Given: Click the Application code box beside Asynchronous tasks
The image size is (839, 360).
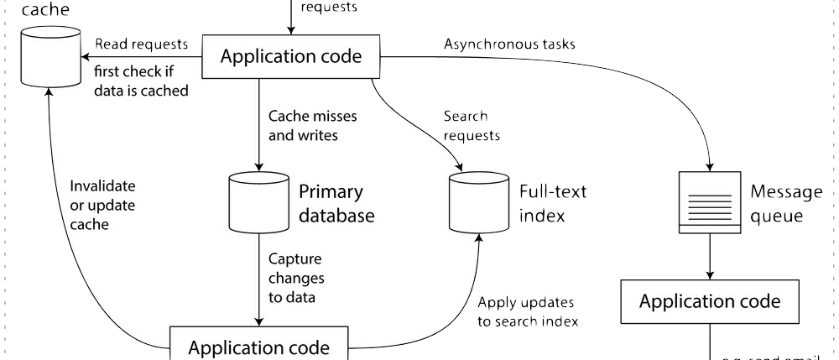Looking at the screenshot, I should [290, 57].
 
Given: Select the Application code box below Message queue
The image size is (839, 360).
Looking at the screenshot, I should [710, 301].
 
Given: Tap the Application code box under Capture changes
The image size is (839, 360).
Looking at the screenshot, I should [258, 346].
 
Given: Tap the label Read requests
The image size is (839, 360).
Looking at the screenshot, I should [142, 44].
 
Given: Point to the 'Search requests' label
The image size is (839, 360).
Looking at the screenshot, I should [472, 125].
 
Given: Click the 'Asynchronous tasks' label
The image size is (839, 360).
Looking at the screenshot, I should [509, 44].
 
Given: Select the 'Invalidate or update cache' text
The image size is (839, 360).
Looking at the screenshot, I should [102, 206].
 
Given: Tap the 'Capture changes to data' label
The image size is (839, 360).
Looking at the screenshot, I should [295, 278].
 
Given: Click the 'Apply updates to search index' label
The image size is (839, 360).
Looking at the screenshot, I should [528, 311].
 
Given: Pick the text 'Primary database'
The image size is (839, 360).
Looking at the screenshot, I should [336, 203].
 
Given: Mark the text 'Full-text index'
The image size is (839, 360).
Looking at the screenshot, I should [552, 203].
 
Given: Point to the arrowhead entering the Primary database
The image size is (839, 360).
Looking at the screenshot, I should [258, 164].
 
